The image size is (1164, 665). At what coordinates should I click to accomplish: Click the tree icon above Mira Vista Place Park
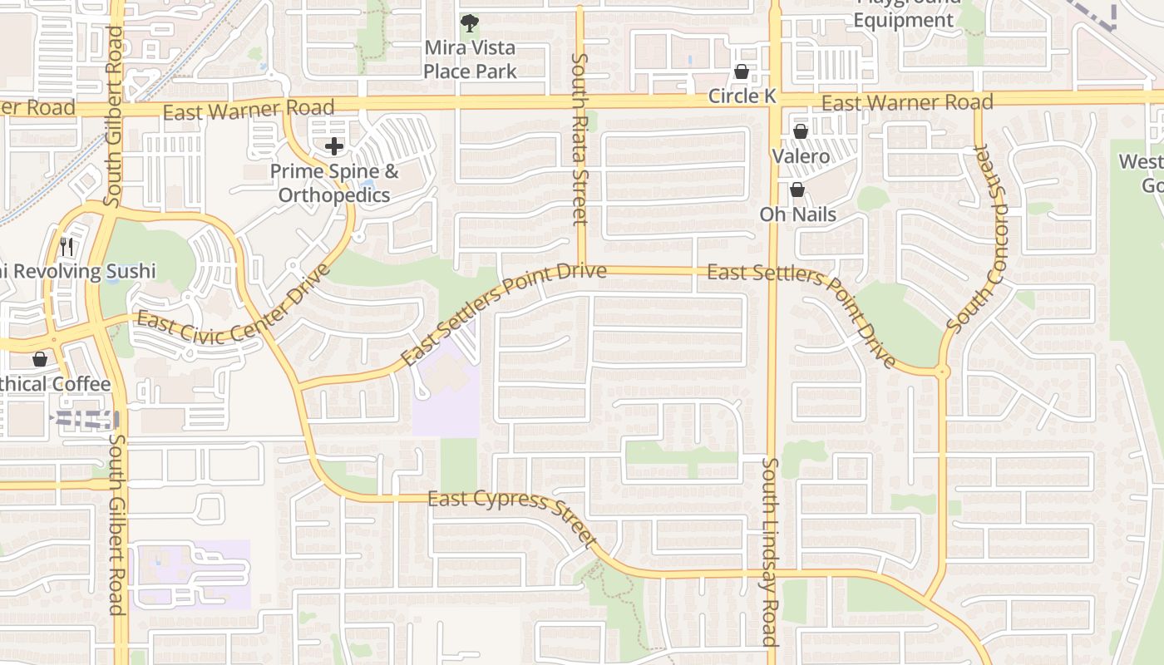click(x=470, y=22)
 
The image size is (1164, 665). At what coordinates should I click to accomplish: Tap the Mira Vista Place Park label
click(x=470, y=60)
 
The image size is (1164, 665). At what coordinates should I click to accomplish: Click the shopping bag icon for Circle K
click(x=741, y=72)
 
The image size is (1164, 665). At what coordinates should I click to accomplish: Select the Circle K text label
click(x=742, y=96)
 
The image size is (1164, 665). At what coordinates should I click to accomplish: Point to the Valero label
click(x=801, y=156)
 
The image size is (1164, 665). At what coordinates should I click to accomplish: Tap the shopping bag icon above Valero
click(x=801, y=131)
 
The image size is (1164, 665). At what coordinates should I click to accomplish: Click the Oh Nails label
click(x=797, y=214)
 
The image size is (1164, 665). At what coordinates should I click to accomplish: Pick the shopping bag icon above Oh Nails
click(x=797, y=190)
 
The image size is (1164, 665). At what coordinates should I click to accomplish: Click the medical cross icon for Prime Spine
click(x=334, y=147)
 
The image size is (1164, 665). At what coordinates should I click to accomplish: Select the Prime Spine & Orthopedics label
click(x=334, y=184)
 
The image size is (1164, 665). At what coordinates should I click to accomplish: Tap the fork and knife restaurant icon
click(x=67, y=246)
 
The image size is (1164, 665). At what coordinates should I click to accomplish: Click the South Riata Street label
click(x=580, y=139)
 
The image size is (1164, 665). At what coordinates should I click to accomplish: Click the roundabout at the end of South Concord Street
click(x=942, y=372)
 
